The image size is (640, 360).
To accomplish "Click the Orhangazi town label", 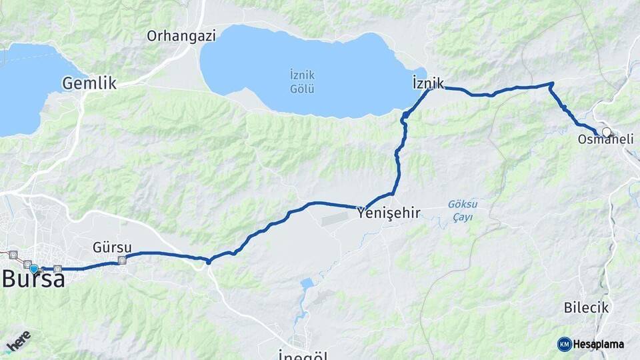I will (181, 36).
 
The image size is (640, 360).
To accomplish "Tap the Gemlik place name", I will (89, 83).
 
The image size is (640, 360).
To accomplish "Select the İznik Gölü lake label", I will (303, 81).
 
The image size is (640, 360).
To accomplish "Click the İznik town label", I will (428, 83).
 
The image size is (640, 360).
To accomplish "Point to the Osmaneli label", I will (605, 139).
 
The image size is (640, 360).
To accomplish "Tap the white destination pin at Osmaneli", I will (607, 132).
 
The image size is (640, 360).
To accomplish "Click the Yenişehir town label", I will (389, 213).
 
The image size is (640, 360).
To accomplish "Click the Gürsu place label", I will (112, 247).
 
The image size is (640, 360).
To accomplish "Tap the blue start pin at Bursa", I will (34, 269).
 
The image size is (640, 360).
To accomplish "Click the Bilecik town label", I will (586, 307).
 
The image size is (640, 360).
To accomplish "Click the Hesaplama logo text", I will (598, 344).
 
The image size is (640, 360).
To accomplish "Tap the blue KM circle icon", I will (565, 344).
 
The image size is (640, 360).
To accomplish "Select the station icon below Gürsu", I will (122, 261).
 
